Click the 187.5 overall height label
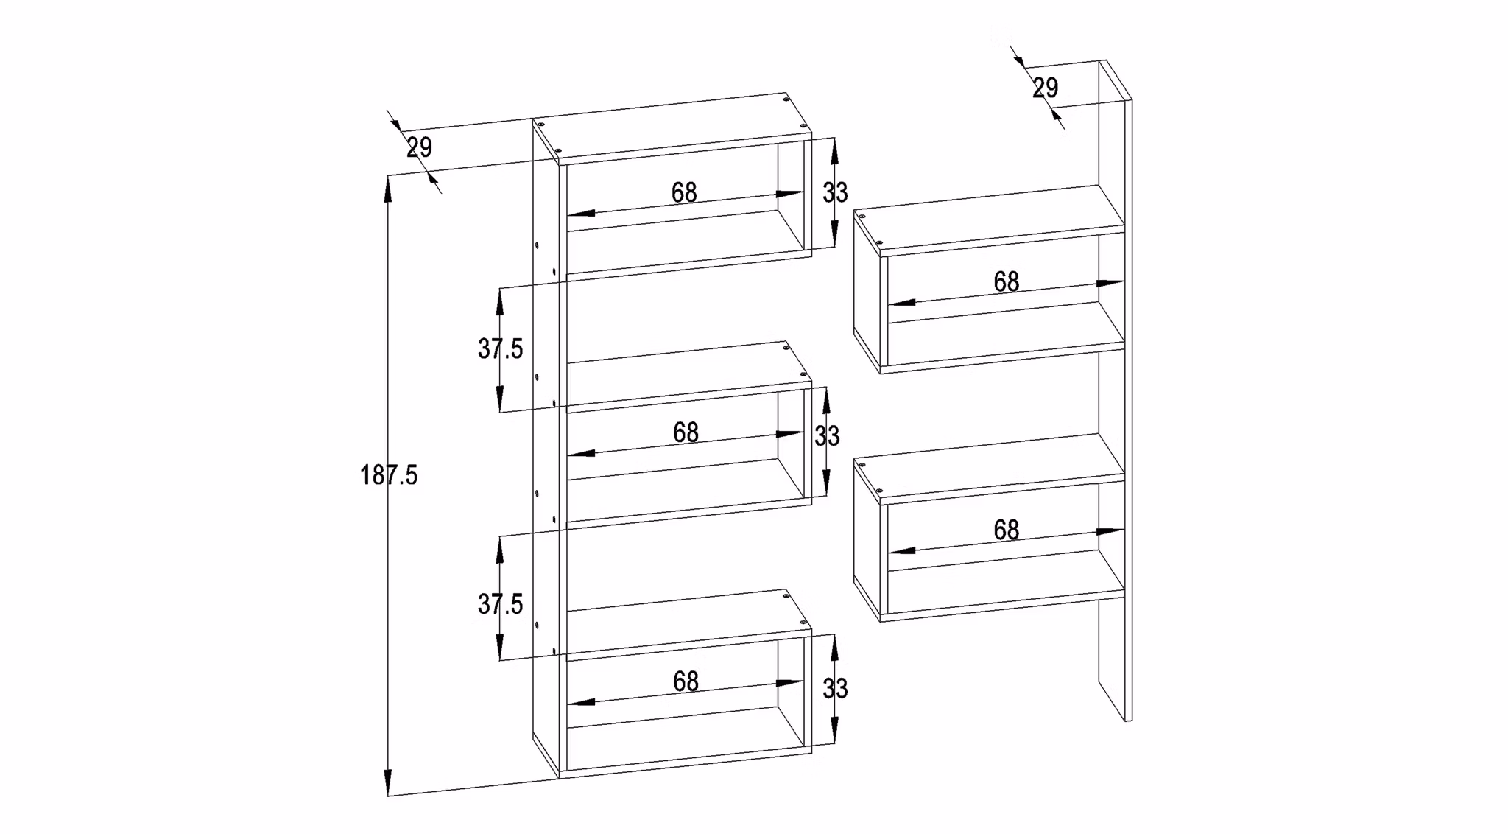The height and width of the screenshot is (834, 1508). (x=389, y=475)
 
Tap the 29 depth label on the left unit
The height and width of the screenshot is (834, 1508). (x=419, y=147)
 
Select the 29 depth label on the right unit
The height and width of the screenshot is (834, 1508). (x=1045, y=88)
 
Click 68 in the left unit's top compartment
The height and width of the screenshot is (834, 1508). (x=684, y=193)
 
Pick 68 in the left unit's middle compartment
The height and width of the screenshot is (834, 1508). (x=686, y=432)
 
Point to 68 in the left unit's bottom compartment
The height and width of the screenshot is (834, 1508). (x=686, y=681)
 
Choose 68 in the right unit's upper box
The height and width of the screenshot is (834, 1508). (x=1007, y=281)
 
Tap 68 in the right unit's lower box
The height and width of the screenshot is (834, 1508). (x=1007, y=530)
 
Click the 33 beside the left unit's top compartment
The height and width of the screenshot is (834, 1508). (x=835, y=193)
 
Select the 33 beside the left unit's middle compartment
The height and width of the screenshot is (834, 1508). (x=827, y=436)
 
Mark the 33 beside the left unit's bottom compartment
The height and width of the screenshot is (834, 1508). (x=835, y=689)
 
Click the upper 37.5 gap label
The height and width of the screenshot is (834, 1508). (x=500, y=348)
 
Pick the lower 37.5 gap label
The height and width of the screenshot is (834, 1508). (x=500, y=604)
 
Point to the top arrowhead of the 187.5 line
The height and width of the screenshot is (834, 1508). (x=388, y=189)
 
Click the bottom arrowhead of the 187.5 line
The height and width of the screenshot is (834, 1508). (x=388, y=782)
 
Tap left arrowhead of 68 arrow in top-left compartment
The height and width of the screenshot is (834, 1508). (x=581, y=214)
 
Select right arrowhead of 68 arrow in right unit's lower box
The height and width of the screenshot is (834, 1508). (x=1110, y=531)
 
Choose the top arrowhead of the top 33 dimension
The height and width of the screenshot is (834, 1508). (x=834, y=151)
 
